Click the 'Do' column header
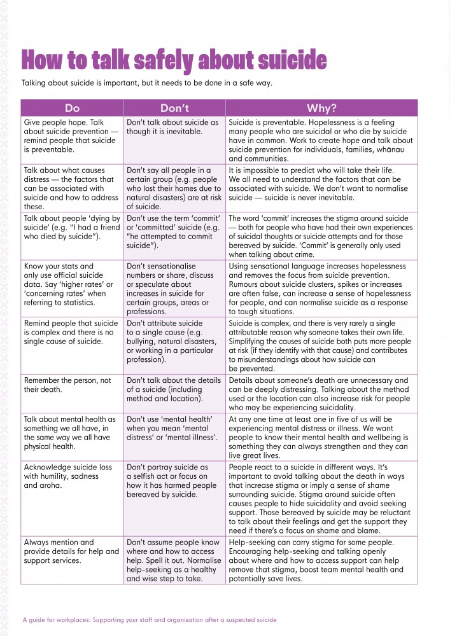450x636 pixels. coord(72,108)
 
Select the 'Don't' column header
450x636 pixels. coord(174,108)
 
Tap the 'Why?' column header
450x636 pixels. coord(321,108)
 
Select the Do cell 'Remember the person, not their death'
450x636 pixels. coord(71,385)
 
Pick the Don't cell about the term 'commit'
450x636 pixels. coord(174,232)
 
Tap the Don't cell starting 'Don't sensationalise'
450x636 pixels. coord(174,288)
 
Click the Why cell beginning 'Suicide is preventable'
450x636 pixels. coord(321,140)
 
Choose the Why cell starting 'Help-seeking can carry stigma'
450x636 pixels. coord(321,560)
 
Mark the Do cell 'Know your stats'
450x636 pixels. coord(71,279)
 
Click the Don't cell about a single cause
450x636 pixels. coord(174,341)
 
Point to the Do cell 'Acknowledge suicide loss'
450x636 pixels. coord(71,476)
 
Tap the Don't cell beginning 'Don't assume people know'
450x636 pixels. coord(174,560)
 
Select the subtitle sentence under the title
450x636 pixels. coord(147,83)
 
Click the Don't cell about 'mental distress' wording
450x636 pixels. coord(174,428)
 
